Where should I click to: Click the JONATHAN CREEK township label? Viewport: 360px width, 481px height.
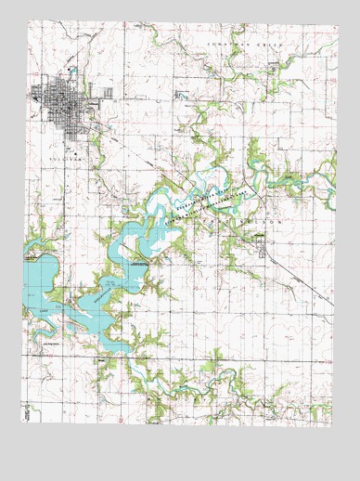coord(270,44)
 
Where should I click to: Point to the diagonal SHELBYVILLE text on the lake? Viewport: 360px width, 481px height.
coord(95,298)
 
